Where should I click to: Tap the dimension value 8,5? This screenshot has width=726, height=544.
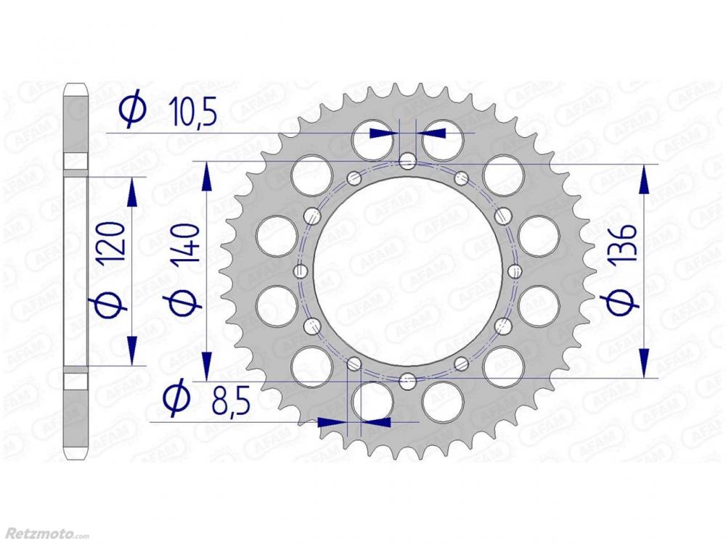(x=231, y=401)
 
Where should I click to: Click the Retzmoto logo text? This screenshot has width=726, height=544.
(x=45, y=535)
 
